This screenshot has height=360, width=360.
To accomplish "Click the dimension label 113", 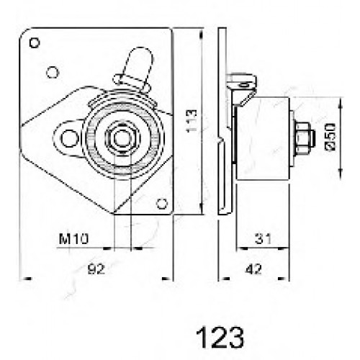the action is pyautogui.click(x=192, y=121).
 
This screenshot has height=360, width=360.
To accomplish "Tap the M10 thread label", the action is pyautogui.click(x=74, y=238).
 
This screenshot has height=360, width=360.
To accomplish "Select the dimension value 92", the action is pyautogui.click(x=96, y=269).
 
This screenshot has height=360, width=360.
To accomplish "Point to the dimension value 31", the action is pyautogui.click(x=263, y=238).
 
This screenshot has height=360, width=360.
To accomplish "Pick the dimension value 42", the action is pyautogui.click(x=253, y=269).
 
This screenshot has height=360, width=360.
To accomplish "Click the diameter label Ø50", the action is pyautogui.click(x=331, y=137).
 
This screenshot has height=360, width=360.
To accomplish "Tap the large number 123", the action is pyautogui.click(x=220, y=337).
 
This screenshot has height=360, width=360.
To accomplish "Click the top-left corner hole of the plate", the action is pyautogui.click(x=35, y=43).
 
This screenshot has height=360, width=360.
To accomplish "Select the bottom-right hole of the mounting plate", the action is pyautogui.click(x=162, y=204).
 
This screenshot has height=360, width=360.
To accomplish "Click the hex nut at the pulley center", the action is pyautogui.click(x=122, y=138).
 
